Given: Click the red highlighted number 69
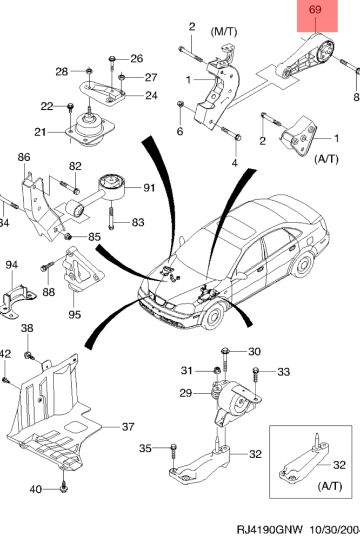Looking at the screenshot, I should click(317, 9).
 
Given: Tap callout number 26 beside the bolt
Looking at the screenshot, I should click(136, 58).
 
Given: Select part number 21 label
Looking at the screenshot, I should click(41, 131).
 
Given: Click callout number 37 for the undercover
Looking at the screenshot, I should click(128, 427).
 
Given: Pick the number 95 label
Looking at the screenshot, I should click(74, 314).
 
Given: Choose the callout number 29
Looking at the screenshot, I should click(186, 393).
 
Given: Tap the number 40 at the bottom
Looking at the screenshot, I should click(35, 490).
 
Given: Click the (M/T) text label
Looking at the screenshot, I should click(224, 32).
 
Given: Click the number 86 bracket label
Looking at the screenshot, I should click(24, 157).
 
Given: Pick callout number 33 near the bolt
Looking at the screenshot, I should click(283, 372).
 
